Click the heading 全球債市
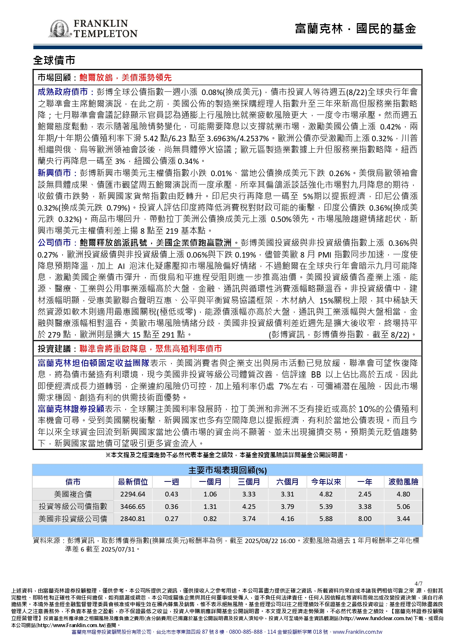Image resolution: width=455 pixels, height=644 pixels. click(54, 60)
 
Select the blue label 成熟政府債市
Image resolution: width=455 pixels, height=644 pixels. click(62, 92)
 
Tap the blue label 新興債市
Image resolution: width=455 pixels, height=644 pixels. click(54, 173)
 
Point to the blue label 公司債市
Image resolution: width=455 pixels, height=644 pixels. click(54, 243)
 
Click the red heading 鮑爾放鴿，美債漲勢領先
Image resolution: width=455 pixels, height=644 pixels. click(125, 77)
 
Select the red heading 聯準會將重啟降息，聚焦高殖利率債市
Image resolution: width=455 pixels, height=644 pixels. click(151, 349)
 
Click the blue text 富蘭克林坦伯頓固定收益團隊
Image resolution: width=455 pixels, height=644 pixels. click(93, 363)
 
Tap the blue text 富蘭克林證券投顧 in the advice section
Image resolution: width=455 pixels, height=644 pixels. click(71, 409)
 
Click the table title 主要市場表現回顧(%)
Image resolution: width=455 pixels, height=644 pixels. click(227, 470)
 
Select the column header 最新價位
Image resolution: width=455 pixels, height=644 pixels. click(133, 482)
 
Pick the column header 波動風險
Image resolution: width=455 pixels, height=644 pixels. click(403, 482)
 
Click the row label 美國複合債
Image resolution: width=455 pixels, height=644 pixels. click(73, 494)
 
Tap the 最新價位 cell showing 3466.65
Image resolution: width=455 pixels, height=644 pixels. click(133, 506)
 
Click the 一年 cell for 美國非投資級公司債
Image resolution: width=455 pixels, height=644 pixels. click(364, 519)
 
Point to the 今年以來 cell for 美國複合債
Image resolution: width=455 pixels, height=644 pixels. click(326, 494)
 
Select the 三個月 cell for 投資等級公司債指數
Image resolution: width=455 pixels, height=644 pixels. click(249, 506)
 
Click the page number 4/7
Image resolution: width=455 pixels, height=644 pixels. click(418, 583)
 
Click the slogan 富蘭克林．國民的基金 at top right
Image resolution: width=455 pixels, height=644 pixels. click(355, 29)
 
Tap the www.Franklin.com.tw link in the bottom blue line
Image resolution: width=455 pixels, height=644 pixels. click(357, 632)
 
